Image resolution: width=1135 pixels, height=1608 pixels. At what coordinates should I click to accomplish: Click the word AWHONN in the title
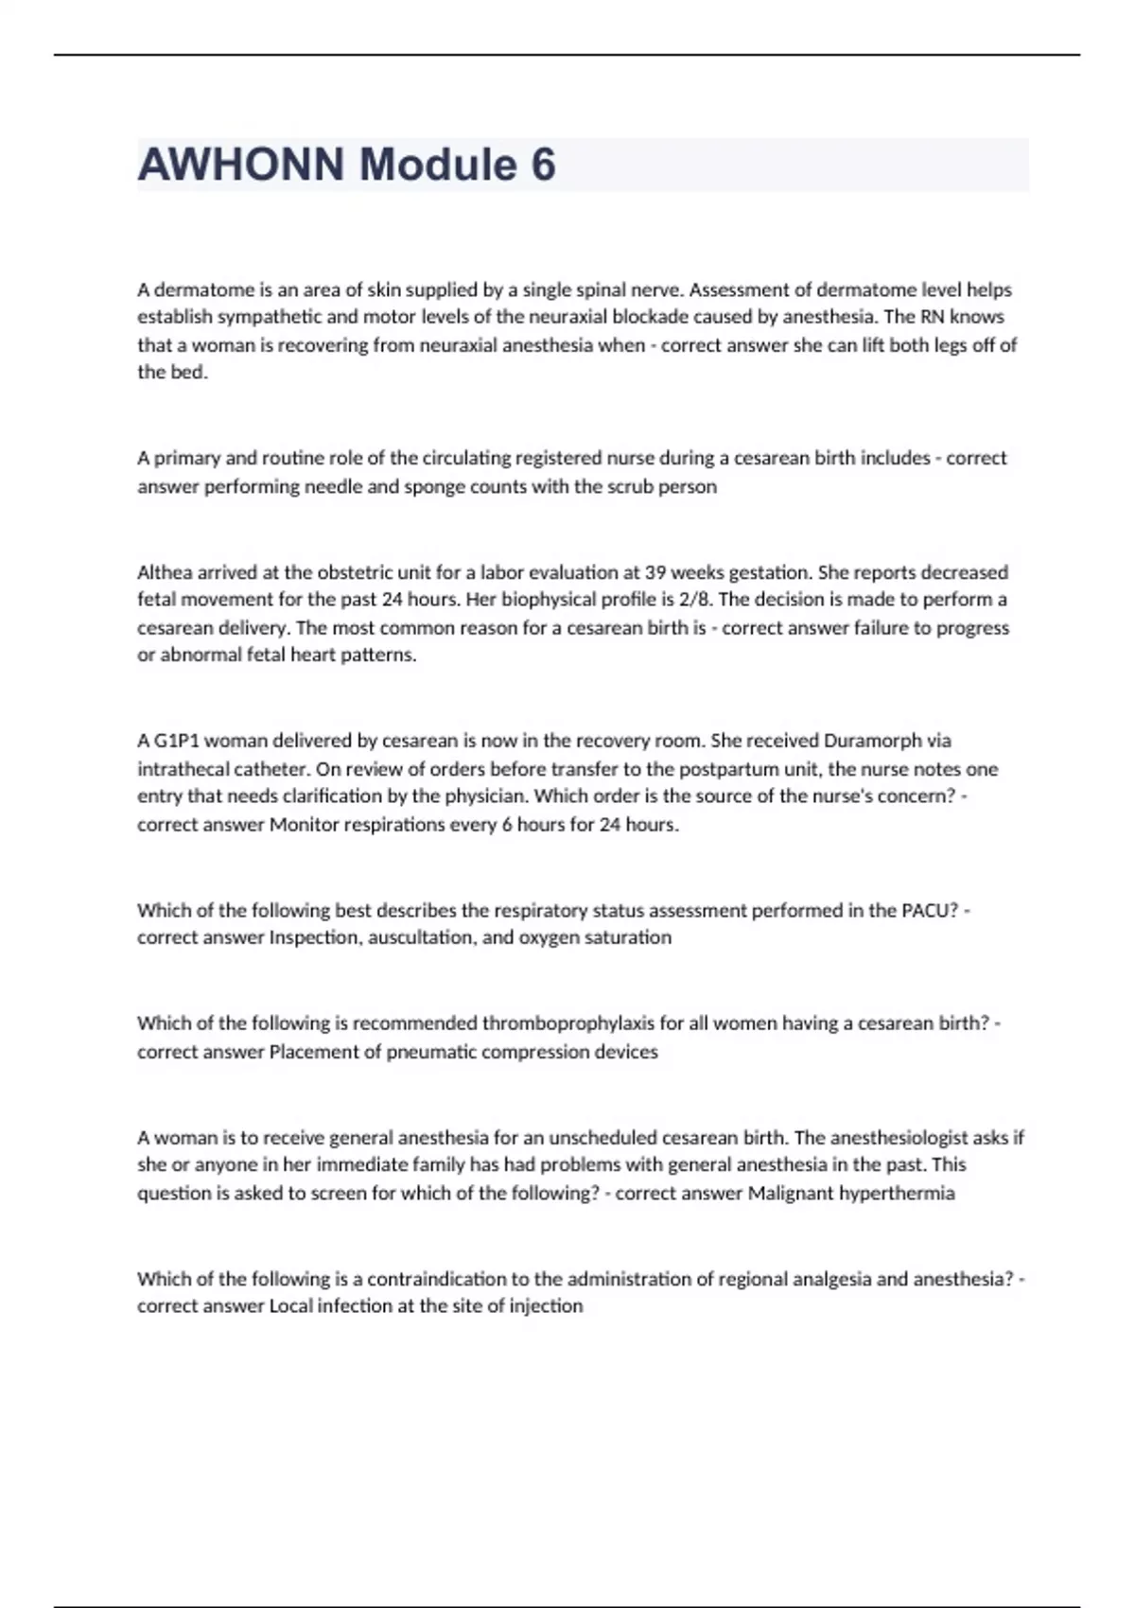(x=241, y=165)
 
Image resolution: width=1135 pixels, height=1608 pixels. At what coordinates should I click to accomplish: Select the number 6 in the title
(x=543, y=165)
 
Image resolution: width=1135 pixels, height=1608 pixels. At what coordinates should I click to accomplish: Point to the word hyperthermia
(x=900, y=1194)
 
